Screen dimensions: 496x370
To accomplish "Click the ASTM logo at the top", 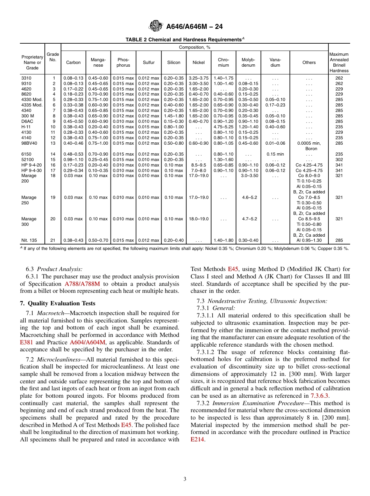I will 156,27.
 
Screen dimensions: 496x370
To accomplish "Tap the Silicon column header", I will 174,62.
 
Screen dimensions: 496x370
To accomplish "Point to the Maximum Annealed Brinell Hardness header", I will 339,62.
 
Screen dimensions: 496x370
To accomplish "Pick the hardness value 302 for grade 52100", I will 339,159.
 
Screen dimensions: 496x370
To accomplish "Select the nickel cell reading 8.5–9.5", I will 198,165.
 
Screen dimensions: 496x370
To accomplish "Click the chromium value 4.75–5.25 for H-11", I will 223,127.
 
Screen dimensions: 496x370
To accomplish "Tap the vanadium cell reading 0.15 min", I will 275,154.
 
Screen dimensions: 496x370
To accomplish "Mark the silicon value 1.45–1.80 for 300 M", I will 174,116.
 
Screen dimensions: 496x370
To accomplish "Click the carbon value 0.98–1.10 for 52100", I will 73,159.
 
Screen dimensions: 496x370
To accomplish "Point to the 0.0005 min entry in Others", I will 309,143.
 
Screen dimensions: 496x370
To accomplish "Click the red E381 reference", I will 27,342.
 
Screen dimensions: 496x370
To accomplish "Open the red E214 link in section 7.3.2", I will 197,439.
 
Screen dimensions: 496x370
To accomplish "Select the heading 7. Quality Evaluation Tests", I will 58,303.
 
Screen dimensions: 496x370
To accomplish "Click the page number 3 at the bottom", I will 185,479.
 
